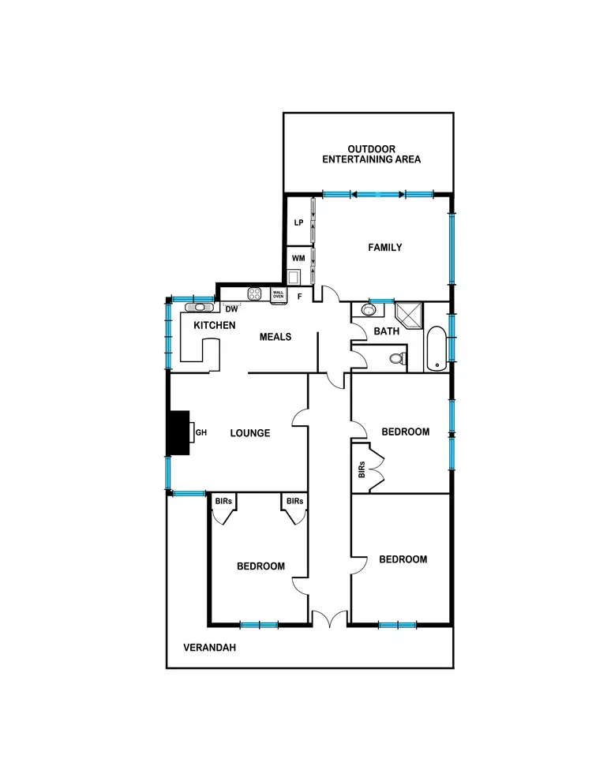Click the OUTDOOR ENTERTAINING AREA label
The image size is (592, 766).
click(x=371, y=154)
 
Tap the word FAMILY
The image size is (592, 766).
click(x=385, y=248)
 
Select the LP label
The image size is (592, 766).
click(x=298, y=223)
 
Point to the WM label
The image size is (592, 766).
click(x=298, y=258)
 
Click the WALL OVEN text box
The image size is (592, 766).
click(x=278, y=294)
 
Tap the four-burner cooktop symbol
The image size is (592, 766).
click(x=255, y=293)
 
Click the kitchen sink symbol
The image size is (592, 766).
click(x=200, y=308)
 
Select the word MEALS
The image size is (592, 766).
click(x=276, y=337)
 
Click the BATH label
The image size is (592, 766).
click(x=386, y=331)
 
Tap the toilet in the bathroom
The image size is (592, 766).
click(x=398, y=361)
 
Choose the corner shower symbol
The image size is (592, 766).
click(x=410, y=315)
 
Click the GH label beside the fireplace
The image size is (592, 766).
click(x=200, y=432)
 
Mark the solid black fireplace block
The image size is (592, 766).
click(x=181, y=433)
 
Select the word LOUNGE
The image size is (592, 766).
click(x=250, y=433)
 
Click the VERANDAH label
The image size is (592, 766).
click(x=209, y=648)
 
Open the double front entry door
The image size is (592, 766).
click(x=328, y=619)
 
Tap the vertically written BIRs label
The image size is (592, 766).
click(x=361, y=471)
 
